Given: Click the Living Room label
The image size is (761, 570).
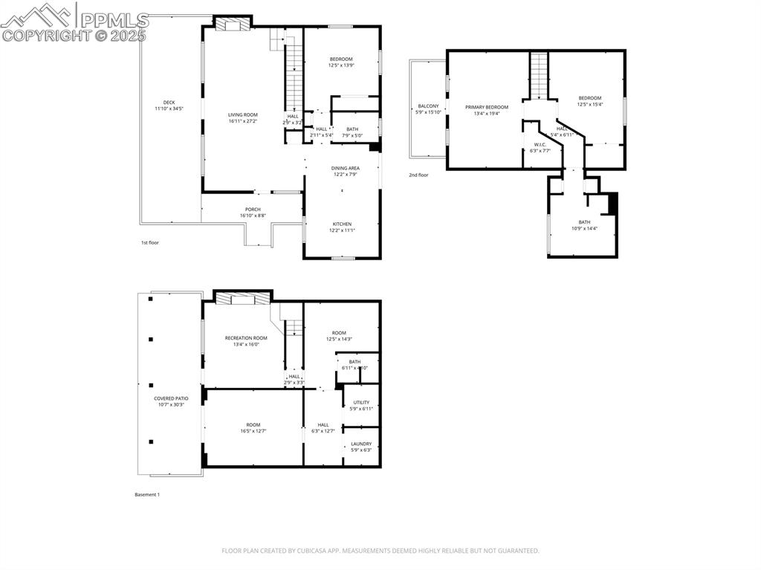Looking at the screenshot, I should click(x=242, y=114).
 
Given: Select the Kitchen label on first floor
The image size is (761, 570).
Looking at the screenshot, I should click(x=342, y=224).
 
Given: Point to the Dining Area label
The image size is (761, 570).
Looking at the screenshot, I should click(x=345, y=168).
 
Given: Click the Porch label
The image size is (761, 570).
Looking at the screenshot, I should click(x=253, y=210).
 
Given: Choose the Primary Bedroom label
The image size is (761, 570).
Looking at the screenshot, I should click(x=487, y=107).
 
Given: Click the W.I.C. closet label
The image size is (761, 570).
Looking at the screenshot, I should click(x=540, y=144).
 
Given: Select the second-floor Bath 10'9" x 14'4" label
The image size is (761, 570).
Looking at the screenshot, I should click(x=584, y=222).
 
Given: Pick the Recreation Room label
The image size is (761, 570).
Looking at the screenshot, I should click(x=246, y=338).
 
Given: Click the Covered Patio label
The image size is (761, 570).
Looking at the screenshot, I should click(x=171, y=398).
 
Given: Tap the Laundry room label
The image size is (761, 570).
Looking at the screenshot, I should click(x=361, y=444).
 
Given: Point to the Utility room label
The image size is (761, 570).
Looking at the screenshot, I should click(x=361, y=402).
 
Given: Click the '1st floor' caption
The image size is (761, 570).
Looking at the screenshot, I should click(x=150, y=243).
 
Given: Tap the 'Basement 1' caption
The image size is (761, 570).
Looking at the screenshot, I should click(x=147, y=495).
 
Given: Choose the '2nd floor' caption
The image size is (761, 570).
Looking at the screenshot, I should click(x=418, y=175).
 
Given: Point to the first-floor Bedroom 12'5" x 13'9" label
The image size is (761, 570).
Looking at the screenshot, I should click(x=341, y=59).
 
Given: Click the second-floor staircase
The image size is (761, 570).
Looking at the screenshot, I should click(x=538, y=75).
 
